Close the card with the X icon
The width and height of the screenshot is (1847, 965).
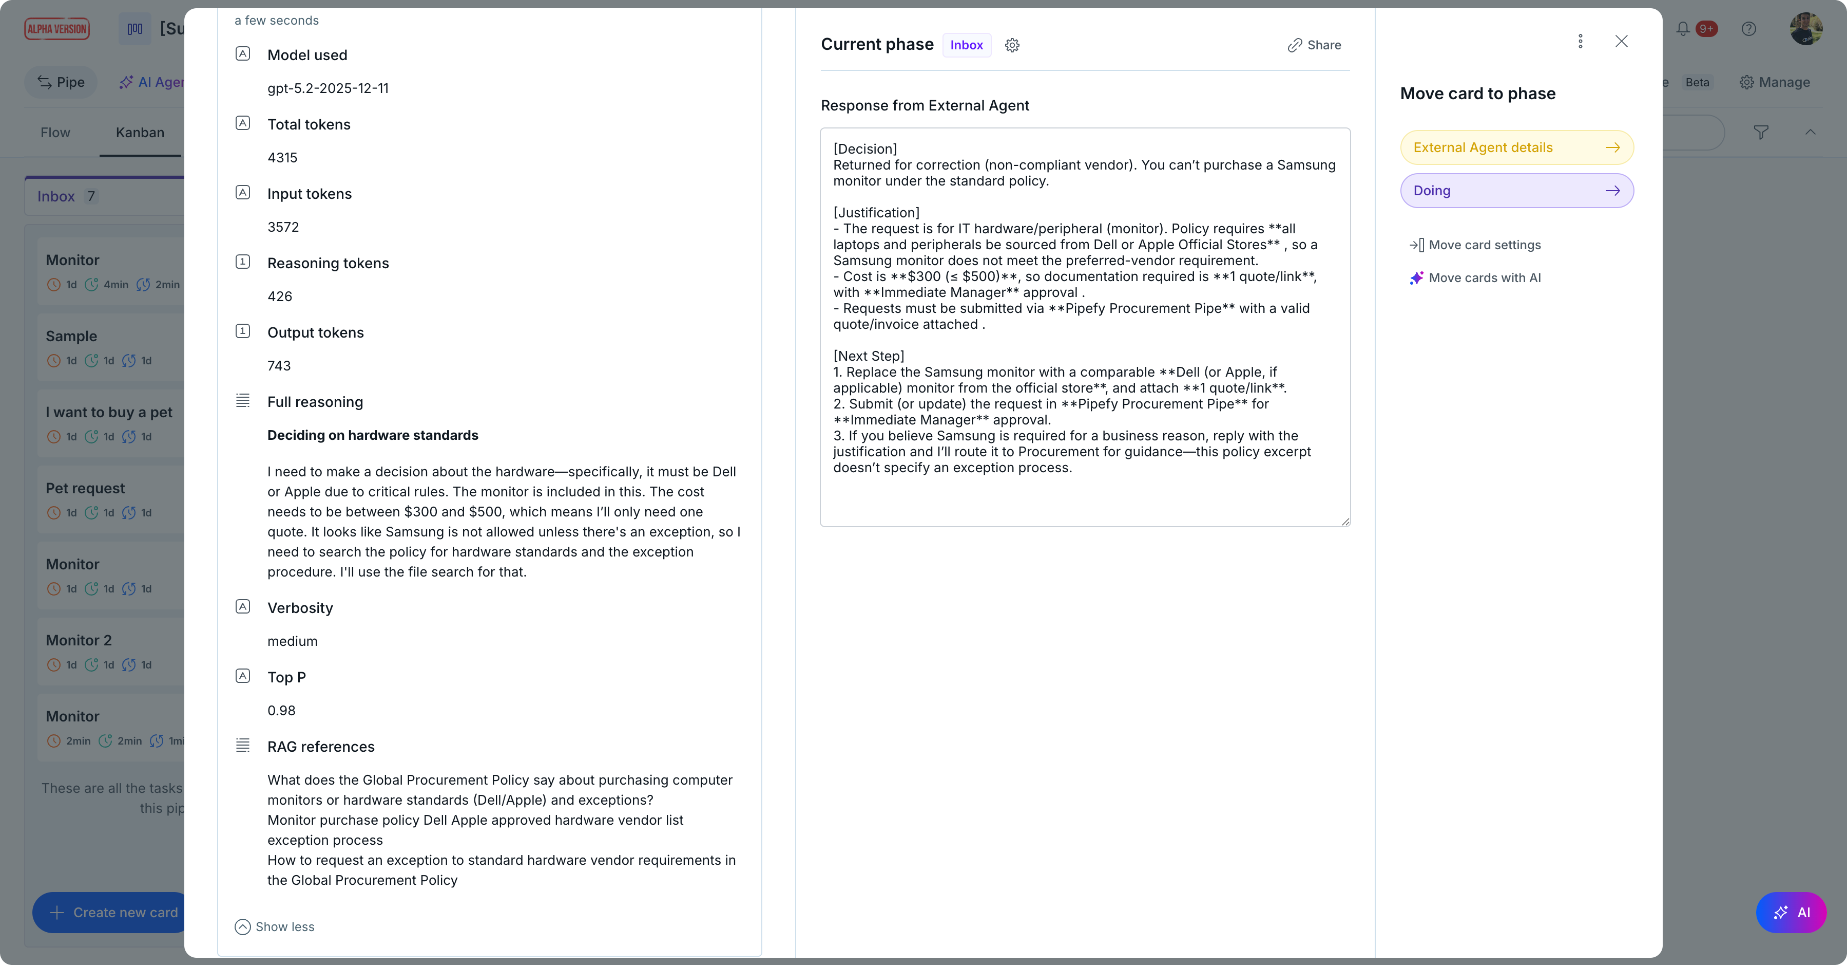[x=1621, y=42]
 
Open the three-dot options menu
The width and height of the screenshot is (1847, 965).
[x=1580, y=42]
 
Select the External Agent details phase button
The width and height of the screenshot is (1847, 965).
[x=1516, y=148]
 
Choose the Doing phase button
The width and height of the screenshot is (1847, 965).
[x=1516, y=191]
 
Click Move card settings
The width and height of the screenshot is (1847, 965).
[x=1484, y=246]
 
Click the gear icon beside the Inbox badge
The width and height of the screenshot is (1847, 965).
[x=1012, y=46]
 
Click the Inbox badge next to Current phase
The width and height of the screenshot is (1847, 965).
[x=966, y=45]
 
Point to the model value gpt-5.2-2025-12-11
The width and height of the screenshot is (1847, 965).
[x=328, y=88]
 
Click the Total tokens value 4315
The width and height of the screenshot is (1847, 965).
[x=282, y=158]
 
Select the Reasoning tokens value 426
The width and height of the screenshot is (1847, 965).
[x=280, y=296]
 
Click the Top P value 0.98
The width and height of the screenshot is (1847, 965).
[x=281, y=710]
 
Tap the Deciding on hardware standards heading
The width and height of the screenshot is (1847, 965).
[x=372, y=436]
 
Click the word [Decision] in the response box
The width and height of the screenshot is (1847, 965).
[x=864, y=149]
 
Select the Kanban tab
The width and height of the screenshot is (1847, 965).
[x=140, y=133]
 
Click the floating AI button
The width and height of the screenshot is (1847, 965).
[x=1791, y=913]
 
